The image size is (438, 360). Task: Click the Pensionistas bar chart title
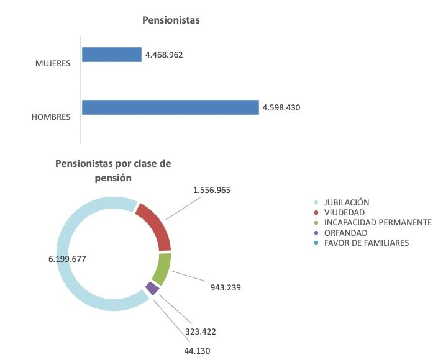[x=171, y=20]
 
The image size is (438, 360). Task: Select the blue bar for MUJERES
[x=112, y=55]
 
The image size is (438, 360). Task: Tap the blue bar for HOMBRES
[x=170, y=107]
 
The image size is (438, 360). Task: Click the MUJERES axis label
[x=53, y=63]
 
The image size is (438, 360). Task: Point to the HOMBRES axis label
[x=52, y=116]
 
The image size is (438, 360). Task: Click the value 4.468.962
[x=164, y=55]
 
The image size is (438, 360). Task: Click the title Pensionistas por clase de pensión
[x=113, y=171]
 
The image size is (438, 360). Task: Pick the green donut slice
[x=162, y=268]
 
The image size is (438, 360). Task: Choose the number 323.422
[x=200, y=331]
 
